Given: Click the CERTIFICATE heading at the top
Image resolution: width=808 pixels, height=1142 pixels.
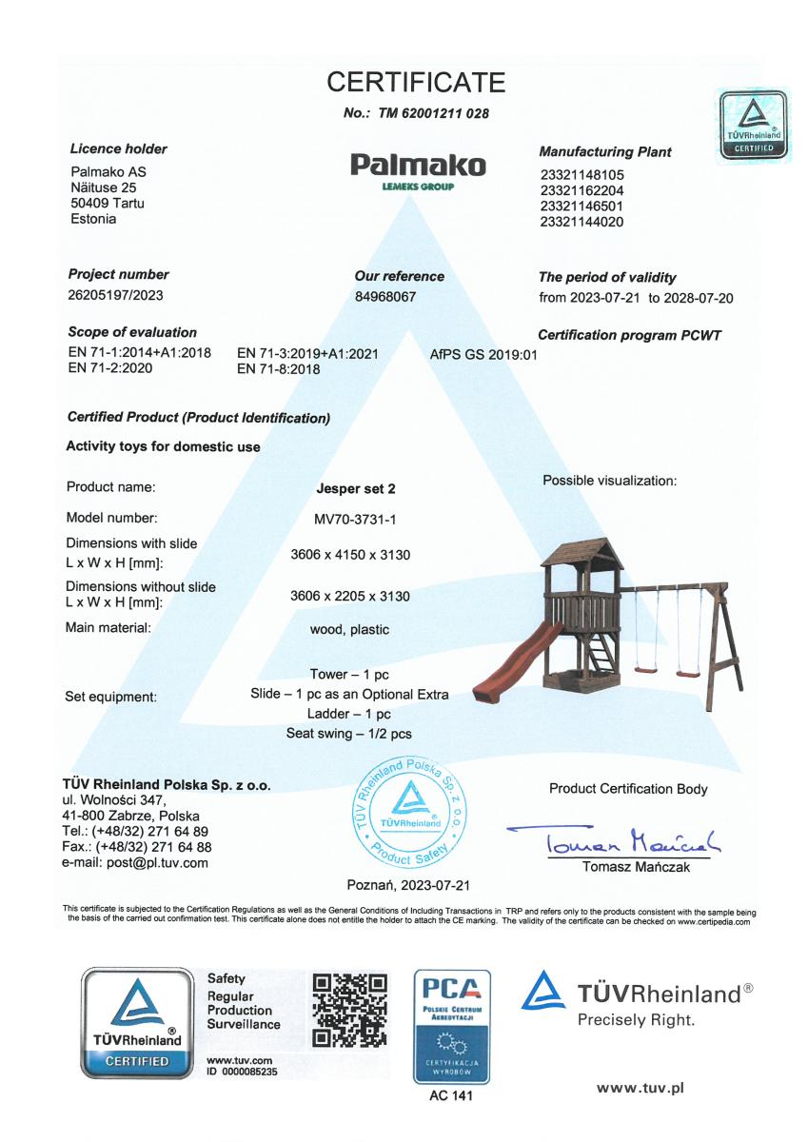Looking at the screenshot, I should tap(416, 83).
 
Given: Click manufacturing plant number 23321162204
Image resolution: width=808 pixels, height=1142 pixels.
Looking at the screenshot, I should tap(581, 190).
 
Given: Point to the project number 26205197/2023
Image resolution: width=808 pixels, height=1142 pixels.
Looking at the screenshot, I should tap(116, 295).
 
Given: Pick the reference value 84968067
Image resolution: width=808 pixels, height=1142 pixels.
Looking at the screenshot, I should tap(385, 297).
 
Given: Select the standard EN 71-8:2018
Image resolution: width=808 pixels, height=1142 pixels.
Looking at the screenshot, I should tap(278, 369).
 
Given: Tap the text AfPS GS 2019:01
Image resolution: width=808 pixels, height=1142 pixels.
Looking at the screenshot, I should tap(484, 354).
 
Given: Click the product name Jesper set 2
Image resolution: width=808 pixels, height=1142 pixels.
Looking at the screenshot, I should tap(355, 489).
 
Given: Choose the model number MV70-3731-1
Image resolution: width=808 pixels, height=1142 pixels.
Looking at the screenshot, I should tap(355, 519).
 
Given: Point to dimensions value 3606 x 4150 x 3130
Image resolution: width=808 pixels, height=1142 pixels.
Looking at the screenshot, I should tap(350, 555).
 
